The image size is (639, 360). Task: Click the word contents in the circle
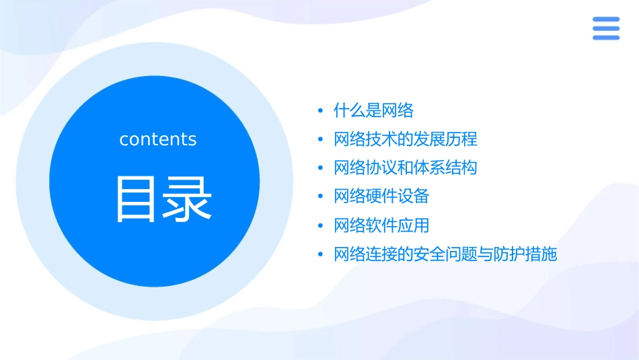158,139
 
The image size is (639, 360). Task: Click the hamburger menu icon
605,29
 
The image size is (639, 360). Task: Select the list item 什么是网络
373,110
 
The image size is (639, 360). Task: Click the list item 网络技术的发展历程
406,139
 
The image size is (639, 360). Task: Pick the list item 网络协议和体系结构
406,168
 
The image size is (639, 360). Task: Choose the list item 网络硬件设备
381,196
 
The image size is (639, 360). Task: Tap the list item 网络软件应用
381,225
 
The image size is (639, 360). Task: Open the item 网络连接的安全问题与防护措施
445,254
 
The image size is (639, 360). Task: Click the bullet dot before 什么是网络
321,111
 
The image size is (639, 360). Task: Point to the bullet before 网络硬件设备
321,197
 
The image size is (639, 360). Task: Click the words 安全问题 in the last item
445,254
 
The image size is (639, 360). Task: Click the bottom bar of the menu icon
605,38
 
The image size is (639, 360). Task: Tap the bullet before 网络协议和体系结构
321,168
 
